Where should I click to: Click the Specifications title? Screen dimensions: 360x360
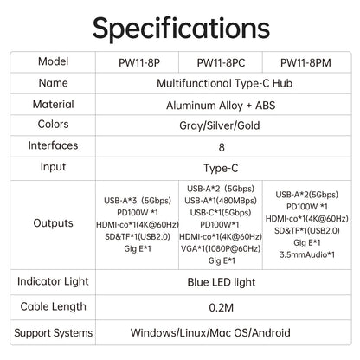pyautogui.click(x=181, y=29)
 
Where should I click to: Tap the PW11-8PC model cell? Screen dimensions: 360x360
pyautogui.click(x=221, y=63)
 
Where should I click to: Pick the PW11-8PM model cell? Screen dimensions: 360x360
pyautogui.click(x=305, y=63)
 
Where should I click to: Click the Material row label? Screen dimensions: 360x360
pyautogui.click(x=54, y=104)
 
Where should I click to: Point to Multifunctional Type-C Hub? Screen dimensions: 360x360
pyautogui.click(x=224, y=83)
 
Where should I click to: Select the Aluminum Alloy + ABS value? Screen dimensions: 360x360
pyautogui.click(x=221, y=106)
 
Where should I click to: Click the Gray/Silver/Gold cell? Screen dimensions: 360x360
pyautogui.click(x=220, y=125)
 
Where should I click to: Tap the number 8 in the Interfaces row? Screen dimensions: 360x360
pyautogui.click(x=222, y=147)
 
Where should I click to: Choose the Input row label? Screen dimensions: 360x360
pyautogui.click(x=53, y=167)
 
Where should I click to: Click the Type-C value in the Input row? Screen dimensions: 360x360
pyautogui.click(x=221, y=168)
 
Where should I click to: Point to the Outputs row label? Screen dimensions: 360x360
pyautogui.click(x=53, y=223)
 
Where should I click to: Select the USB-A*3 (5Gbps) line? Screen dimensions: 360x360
pyautogui.click(x=138, y=201)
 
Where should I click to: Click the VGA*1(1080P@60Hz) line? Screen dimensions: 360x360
pyautogui.click(x=221, y=248)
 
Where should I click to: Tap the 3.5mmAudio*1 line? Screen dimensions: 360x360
pyautogui.click(x=307, y=254)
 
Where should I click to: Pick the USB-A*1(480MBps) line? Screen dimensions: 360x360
pyautogui.click(x=221, y=201)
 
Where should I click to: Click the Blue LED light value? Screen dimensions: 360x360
pyautogui.click(x=222, y=282)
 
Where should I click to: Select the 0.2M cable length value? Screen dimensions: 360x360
pyautogui.click(x=222, y=307)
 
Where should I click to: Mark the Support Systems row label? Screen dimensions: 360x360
pyautogui.click(x=54, y=333)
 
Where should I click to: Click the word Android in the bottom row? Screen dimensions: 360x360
pyautogui.click(x=271, y=332)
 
